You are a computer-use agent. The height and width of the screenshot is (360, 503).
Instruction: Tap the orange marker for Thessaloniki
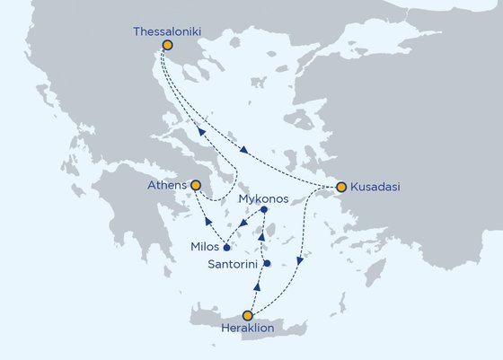[167, 44]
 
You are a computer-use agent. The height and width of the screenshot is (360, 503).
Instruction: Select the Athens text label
[166, 186]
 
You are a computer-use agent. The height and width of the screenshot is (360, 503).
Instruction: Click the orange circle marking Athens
[196, 185]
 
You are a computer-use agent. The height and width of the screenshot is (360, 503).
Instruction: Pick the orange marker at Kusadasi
[340, 187]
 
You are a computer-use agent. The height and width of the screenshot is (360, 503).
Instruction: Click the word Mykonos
[264, 200]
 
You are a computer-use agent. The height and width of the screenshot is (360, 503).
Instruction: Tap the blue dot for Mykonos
[264, 210]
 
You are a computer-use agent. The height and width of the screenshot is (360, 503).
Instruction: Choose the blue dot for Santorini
[268, 263]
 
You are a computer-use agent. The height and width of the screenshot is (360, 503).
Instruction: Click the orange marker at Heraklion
[248, 315]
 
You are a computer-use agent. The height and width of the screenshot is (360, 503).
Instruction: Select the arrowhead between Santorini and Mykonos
[262, 238]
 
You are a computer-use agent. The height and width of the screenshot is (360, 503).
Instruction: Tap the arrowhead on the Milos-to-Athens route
[207, 222]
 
